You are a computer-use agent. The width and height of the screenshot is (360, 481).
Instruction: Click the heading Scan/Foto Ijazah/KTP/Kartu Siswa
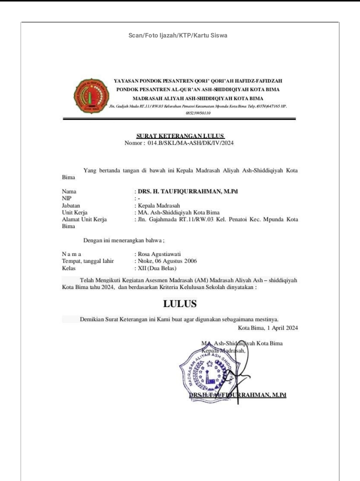click(179, 34)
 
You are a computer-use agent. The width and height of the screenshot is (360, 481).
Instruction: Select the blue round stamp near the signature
click(206, 370)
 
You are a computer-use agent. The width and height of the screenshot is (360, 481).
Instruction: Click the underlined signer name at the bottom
click(237, 395)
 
